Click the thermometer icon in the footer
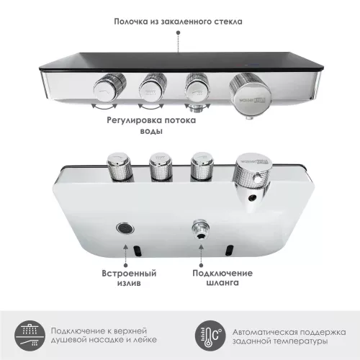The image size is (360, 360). pyautogui.click(x=210, y=332)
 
